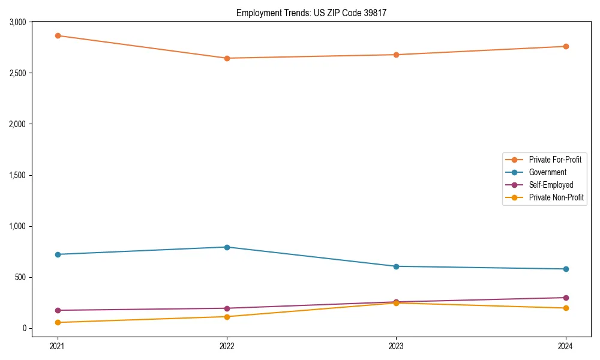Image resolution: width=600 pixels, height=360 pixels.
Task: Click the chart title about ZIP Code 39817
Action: (316, 13)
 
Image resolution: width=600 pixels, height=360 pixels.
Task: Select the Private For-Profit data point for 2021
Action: (58, 35)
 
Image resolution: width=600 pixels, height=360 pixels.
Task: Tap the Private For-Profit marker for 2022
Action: (227, 58)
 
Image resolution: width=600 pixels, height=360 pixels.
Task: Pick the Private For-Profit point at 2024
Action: (566, 46)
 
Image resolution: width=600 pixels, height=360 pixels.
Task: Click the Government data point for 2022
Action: (227, 247)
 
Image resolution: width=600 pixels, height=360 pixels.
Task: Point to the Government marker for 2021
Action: (58, 254)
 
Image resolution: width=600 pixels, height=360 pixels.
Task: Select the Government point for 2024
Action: (566, 269)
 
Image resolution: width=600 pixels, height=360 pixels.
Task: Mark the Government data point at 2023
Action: (396, 266)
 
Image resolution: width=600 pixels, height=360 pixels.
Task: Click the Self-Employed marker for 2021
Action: (58, 310)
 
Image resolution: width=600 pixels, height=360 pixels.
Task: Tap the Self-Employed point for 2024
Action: (566, 298)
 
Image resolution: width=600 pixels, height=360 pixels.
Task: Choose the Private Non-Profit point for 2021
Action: (58, 323)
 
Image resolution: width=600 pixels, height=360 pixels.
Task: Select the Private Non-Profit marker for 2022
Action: (227, 317)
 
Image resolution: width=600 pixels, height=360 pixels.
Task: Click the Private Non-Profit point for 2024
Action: (566, 308)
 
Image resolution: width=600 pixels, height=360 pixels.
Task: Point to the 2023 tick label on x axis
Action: (396, 346)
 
